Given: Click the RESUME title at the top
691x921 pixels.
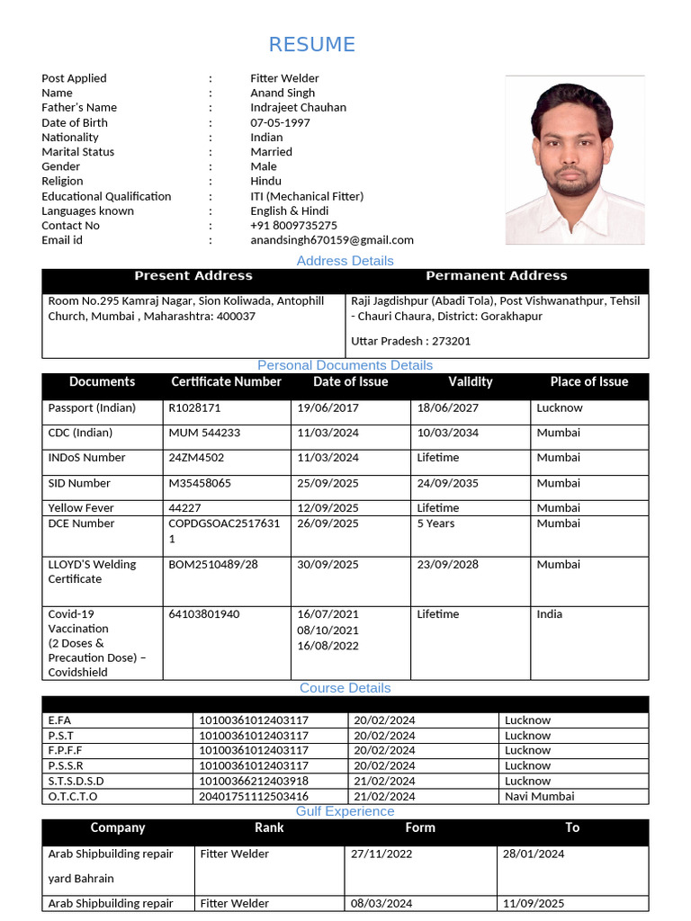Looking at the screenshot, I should [311, 44].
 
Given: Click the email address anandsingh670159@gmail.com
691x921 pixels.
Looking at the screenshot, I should [332, 240].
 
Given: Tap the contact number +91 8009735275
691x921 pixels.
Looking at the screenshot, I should [294, 226].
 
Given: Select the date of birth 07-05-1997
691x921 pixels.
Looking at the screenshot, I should [280, 123].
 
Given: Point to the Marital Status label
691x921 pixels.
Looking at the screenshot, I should [78, 152].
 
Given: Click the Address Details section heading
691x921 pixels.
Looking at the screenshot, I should [345, 261].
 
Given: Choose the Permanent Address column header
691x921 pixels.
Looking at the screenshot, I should [496, 276].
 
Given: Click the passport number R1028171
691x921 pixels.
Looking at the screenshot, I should [194, 408].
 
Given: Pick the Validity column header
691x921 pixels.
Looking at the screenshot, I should [471, 382].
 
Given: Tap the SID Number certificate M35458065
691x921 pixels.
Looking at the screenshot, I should [200, 484].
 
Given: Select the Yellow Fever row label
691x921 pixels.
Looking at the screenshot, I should [81, 508].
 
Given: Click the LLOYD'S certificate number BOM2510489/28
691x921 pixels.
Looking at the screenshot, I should [213, 565].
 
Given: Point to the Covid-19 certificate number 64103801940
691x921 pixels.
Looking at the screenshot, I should [204, 614].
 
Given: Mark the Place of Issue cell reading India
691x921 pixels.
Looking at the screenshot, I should [549, 614].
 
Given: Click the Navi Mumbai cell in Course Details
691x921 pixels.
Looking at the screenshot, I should [539, 796].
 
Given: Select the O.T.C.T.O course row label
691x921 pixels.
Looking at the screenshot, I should [73, 796].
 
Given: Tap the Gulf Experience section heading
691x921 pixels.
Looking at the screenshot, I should [345, 811].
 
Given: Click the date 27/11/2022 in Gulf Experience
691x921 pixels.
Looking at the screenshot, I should [381, 854].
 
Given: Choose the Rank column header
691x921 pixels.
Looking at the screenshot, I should [269, 827].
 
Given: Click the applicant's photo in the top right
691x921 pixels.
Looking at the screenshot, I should [574, 160].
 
